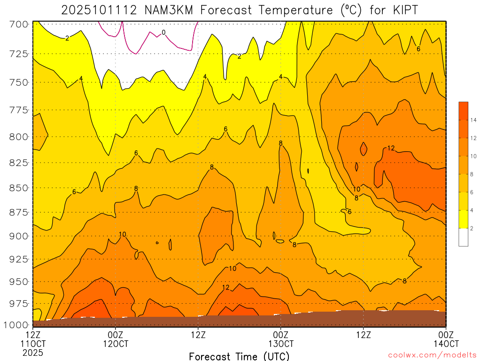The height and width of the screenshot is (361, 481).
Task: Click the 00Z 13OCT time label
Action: coord(280,339)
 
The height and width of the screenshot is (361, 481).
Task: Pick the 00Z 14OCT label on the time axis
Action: coord(445,339)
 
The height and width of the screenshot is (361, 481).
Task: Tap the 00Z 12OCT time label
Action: coord(116,339)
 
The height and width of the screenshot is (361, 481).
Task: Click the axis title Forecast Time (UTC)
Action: coord(239,356)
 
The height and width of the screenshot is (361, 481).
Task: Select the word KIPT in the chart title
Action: coord(403,10)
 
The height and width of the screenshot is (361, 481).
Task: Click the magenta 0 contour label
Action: coord(163,32)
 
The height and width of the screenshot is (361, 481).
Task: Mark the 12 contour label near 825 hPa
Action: coord(391,148)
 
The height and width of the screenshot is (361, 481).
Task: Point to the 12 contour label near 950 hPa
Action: coord(225,287)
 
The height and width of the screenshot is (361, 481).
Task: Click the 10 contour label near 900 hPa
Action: coord(123,235)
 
